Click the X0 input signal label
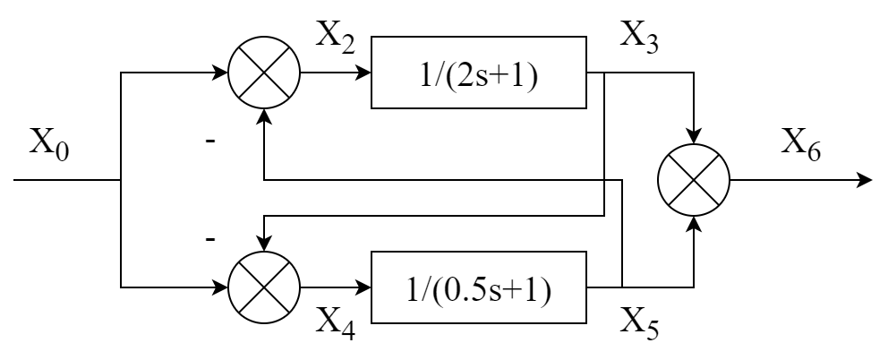[49, 143]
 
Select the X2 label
[336, 37]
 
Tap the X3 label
[640, 37]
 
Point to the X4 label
[336, 324]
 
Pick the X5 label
[640, 324]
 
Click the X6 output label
[801, 144]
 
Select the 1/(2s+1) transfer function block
[479, 73]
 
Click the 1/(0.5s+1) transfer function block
[479, 287]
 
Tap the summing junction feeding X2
[264, 73]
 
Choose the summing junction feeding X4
[264, 287]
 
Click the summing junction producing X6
[694, 180]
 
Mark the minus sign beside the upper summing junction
[210, 140]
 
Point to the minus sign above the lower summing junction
[210, 240]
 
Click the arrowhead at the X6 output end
[866, 180]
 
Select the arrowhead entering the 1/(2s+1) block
[363, 73]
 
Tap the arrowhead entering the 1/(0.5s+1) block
[363, 287]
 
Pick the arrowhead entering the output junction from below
[694, 224]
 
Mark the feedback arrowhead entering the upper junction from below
[264, 116]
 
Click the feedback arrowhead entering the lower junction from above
[264, 244]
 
